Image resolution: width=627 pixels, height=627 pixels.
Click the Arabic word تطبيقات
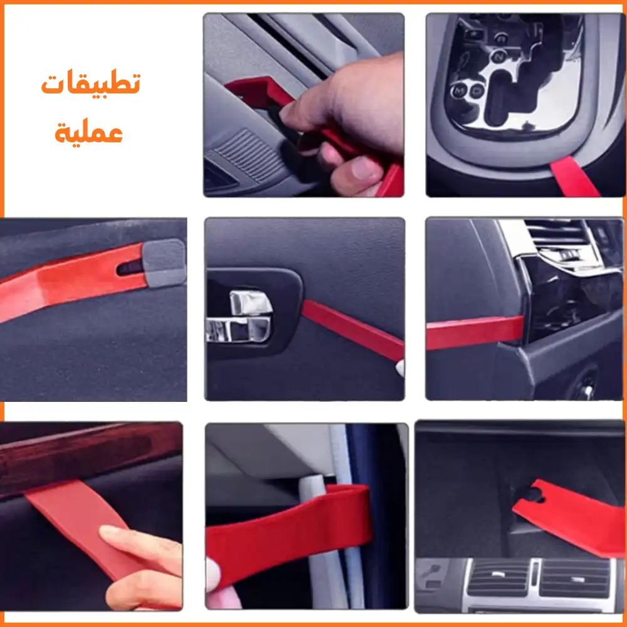(91, 83)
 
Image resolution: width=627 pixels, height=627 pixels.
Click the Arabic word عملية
(89, 131)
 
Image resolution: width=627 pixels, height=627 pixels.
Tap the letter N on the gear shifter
(498, 57)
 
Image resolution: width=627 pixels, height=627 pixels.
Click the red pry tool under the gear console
(574, 177)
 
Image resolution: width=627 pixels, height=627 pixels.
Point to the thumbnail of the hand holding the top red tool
(304, 105)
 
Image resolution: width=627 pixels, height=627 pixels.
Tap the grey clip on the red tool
(164, 263)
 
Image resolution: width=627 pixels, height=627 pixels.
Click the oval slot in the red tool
(129, 268)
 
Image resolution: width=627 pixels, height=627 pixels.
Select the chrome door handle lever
(238, 330)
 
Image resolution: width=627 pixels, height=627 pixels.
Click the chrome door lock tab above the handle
(250, 303)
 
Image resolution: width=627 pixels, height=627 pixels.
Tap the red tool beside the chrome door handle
(352, 330)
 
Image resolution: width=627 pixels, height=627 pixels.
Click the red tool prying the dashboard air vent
(475, 333)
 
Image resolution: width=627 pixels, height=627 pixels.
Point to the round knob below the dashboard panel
(584, 385)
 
